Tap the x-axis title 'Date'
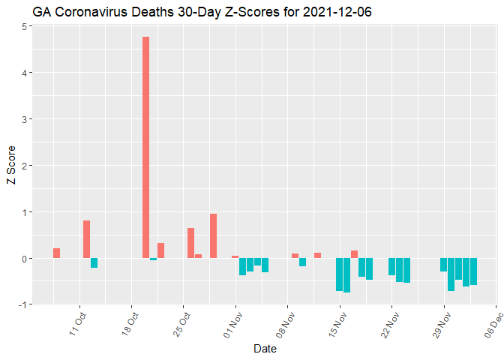(265, 349)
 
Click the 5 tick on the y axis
(25, 26)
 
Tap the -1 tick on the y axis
(23, 304)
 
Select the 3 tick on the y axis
(25, 119)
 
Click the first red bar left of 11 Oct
(56, 253)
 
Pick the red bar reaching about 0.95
(213, 235)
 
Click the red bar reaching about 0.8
(86, 239)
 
